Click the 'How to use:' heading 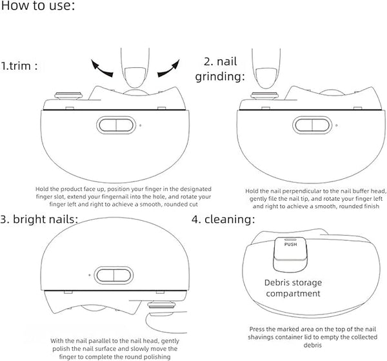[x=37, y=5]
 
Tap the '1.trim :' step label [x=19, y=66]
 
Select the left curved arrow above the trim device [x=101, y=68]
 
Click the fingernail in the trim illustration [x=135, y=77]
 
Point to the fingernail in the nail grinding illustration [x=266, y=78]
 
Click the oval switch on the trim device [x=116, y=125]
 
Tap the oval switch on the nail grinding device [x=312, y=125]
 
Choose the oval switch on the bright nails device [x=114, y=275]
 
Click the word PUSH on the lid [x=290, y=244]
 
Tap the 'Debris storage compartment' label [x=293, y=288]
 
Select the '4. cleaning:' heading [x=223, y=219]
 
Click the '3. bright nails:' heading [x=39, y=219]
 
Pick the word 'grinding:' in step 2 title [x=220, y=76]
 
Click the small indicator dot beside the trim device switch [x=141, y=125]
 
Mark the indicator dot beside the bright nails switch [x=90, y=274]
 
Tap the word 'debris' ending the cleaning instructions [x=312, y=345]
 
